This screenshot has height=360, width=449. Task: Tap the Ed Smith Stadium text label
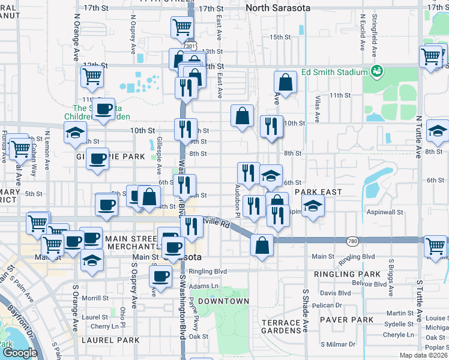click(x=334, y=72)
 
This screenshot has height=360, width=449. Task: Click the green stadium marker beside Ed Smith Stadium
click(x=377, y=72)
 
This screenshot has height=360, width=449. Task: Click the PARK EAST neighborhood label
click(x=318, y=192)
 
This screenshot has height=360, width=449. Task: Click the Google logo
click(x=20, y=352)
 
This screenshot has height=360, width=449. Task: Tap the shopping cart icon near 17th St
click(x=181, y=26)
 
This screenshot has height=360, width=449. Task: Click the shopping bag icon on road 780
click(x=262, y=245)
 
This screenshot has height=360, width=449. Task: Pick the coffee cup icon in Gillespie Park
click(x=97, y=158)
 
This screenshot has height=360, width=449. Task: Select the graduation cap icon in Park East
click(x=312, y=206)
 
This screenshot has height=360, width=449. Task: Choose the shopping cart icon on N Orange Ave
click(x=92, y=76)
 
